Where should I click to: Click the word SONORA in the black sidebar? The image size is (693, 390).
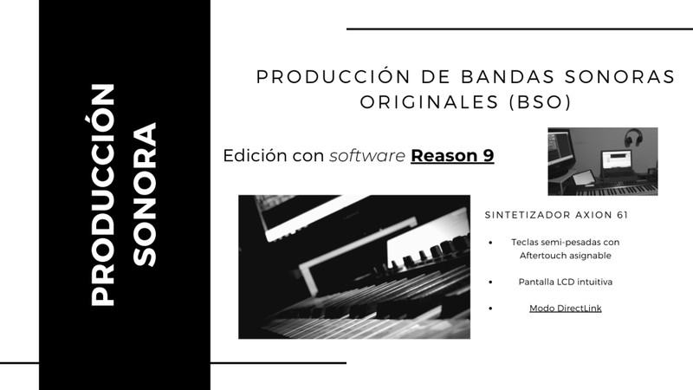tap(145, 194)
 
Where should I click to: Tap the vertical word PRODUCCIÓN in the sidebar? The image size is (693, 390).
tap(102, 194)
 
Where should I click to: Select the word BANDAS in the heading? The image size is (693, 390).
tap(508, 76)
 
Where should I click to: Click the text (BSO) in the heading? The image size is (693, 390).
tap(540, 102)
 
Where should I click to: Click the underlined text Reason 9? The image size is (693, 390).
tap(452, 156)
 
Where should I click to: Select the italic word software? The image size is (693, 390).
tap(366, 156)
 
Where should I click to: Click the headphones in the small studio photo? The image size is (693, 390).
tap(633, 137)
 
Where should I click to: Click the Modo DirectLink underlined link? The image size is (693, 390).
tap(566, 309)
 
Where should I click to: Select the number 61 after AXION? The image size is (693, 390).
tap(622, 215)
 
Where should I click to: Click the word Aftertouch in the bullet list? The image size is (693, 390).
tap(541, 256)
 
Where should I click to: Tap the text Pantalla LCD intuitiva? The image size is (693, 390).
tap(566, 282)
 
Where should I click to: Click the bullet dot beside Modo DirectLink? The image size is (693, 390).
tap(490, 309)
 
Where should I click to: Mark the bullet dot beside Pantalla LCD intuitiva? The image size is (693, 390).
tap(490, 282)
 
